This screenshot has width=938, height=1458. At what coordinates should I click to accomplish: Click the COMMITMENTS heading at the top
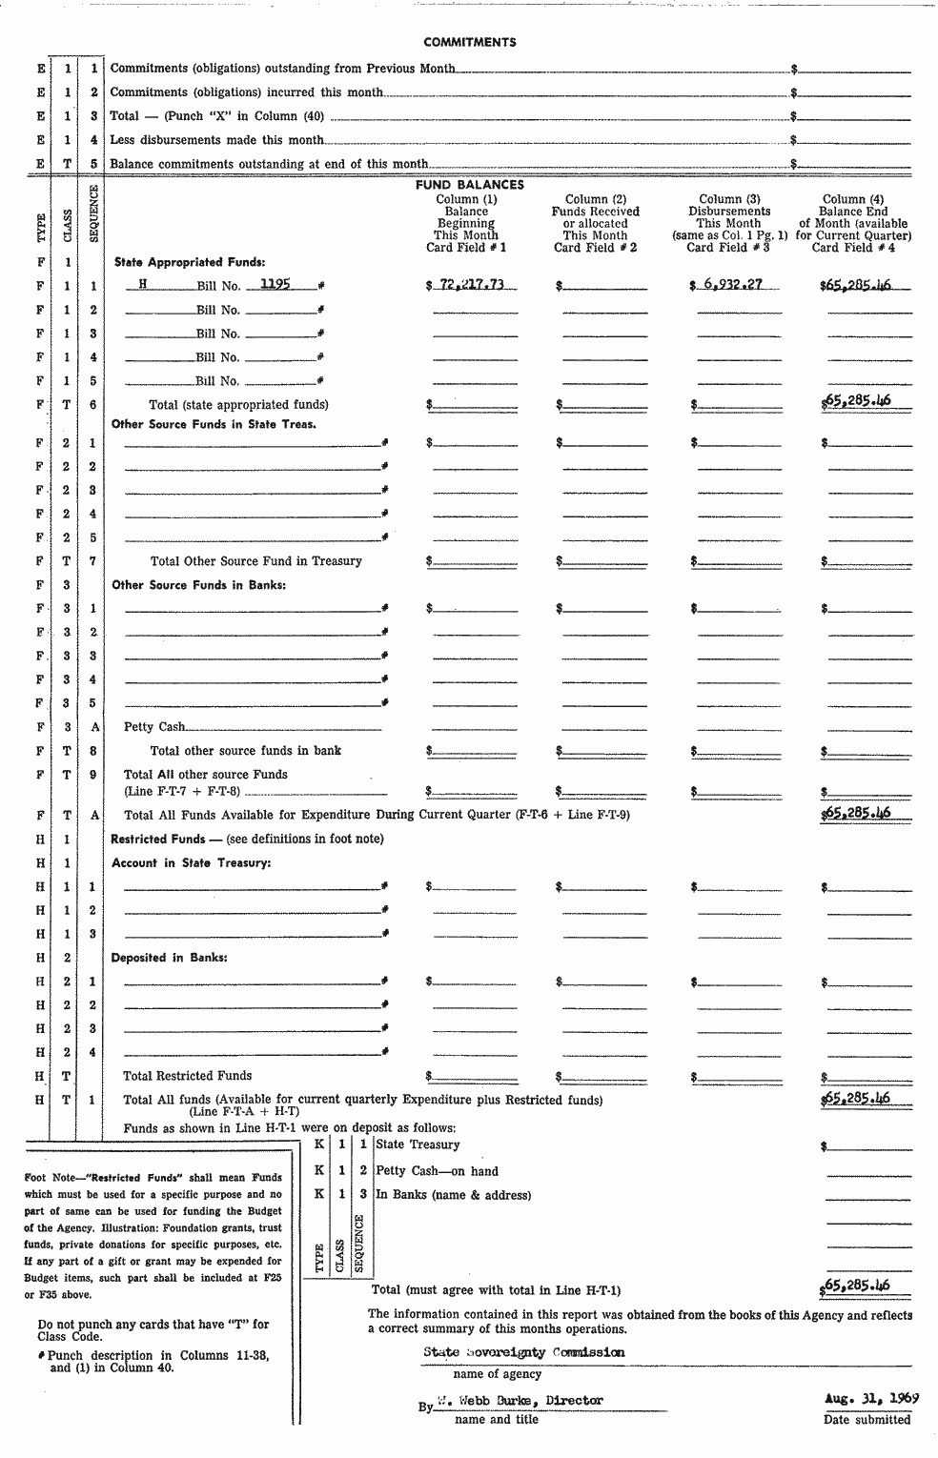point(469,42)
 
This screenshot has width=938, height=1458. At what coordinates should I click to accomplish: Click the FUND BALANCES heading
point(469,185)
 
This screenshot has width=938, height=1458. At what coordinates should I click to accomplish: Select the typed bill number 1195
point(275,284)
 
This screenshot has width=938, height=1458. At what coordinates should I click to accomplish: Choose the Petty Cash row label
point(154,727)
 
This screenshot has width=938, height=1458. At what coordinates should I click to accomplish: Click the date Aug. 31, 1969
point(871,1399)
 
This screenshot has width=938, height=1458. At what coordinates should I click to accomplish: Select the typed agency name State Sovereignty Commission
point(524,1352)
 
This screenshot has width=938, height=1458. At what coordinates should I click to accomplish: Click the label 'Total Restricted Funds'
point(174,1076)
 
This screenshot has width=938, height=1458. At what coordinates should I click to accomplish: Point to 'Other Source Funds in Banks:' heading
point(198,585)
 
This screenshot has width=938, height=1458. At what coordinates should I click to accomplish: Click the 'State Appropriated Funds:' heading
point(190,261)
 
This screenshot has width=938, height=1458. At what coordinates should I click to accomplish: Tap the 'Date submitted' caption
point(867,1420)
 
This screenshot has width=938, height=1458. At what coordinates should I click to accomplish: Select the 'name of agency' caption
point(497,1374)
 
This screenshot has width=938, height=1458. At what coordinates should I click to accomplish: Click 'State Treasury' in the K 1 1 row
point(418,1144)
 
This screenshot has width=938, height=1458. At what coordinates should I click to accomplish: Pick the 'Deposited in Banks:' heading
point(169,958)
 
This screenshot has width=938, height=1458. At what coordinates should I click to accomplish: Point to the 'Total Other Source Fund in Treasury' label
point(255,561)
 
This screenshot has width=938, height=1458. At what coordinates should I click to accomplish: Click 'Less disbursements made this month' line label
point(216,140)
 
